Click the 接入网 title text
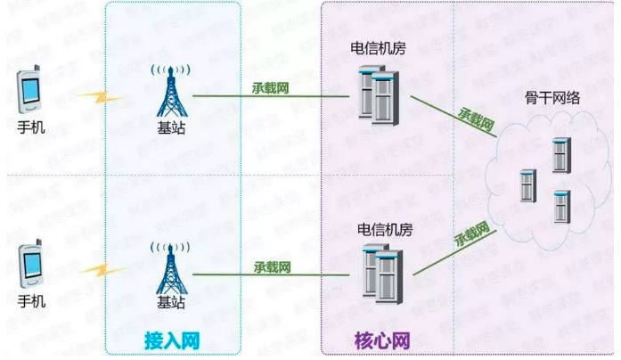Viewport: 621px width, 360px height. click(169, 340)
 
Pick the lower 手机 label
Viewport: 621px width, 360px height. click(30, 300)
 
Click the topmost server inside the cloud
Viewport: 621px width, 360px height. click(560, 156)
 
